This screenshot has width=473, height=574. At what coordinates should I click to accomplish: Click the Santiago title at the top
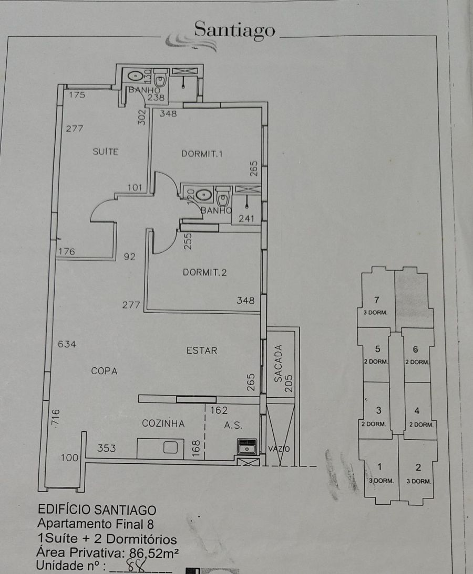[x=234, y=30]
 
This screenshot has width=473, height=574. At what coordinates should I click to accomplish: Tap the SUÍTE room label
[x=106, y=152]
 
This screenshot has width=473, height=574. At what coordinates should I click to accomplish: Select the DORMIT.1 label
[x=202, y=154]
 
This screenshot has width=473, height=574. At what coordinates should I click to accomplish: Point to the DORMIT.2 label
[x=204, y=272]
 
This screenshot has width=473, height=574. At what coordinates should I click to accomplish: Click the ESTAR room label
[x=202, y=350]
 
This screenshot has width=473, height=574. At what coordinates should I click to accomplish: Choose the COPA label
[x=104, y=371]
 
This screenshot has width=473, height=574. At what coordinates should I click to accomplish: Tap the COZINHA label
[x=163, y=423]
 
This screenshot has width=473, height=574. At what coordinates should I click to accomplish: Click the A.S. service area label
[x=233, y=426]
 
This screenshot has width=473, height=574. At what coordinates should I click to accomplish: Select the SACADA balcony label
[x=279, y=364]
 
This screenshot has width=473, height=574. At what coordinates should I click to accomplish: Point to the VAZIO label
[x=279, y=449]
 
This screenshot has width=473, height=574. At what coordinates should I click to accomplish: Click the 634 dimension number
[x=67, y=344]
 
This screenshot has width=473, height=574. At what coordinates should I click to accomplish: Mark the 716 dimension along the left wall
[x=55, y=418]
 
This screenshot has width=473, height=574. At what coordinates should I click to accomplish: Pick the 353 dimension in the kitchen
[x=106, y=448]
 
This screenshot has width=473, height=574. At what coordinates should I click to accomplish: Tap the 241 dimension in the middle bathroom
[x=246, y=219]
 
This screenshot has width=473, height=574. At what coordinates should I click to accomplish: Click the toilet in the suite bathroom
[x=160, y=77]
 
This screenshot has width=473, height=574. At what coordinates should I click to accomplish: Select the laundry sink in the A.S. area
[x=247, y=447]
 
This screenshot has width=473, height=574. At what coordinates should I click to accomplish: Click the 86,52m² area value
[x=153, y=552]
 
